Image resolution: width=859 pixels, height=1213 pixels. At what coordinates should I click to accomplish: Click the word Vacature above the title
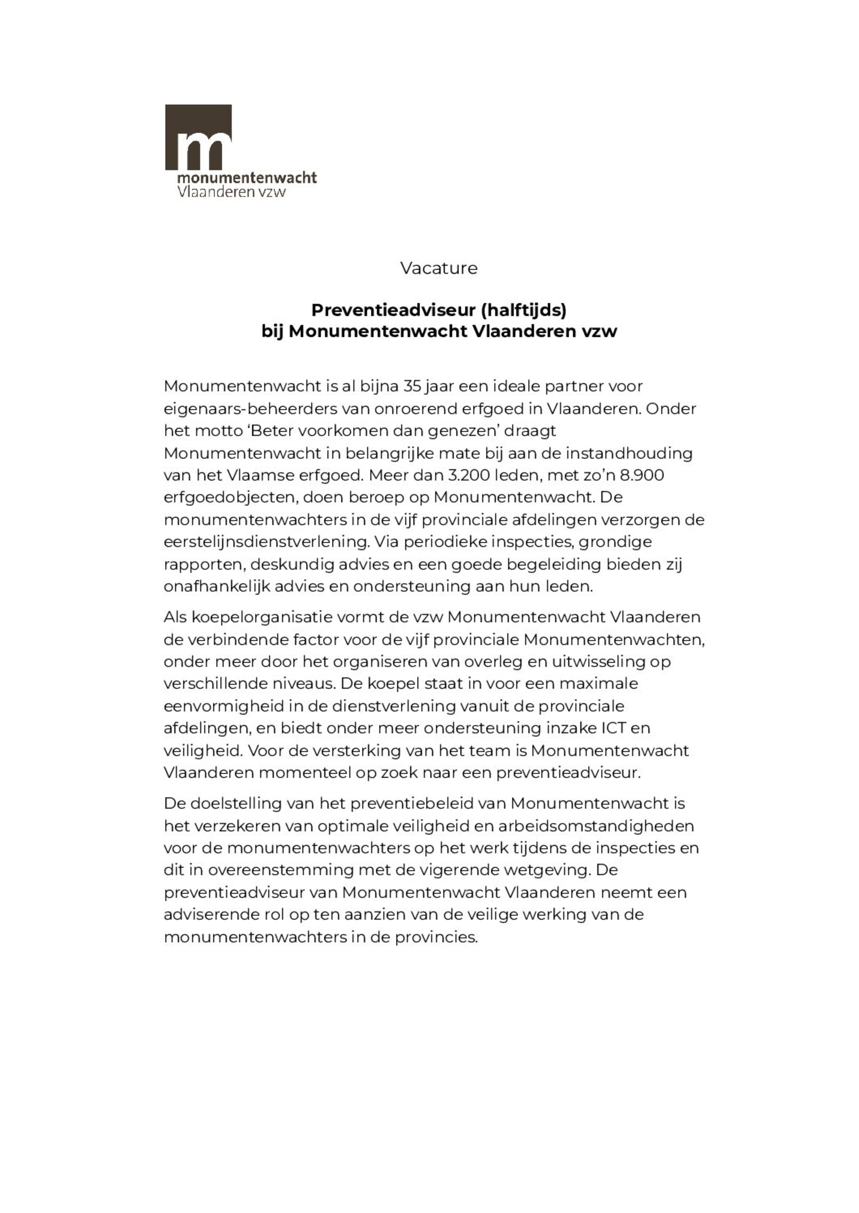[x=439, y=268]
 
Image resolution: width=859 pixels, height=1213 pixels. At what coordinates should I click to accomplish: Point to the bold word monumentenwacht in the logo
[x=247, y=178]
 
